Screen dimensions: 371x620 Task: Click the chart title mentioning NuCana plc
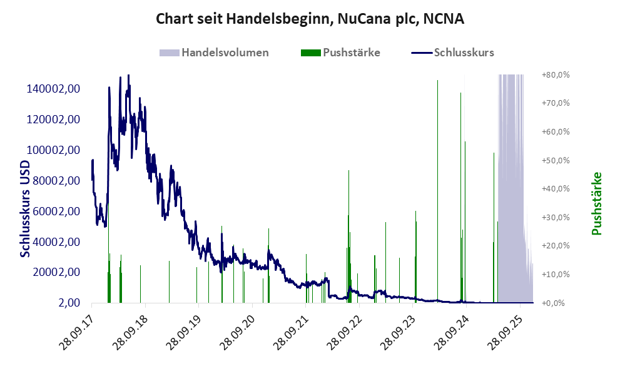click(310, 19)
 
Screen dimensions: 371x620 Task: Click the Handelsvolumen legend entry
click(225, 53)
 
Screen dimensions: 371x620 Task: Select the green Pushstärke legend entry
click(350, 53)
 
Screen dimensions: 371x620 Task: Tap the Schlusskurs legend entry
click(463, 53)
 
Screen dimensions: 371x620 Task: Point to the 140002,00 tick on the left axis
click(53, 89)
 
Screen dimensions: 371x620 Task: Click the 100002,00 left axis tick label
click(53, 150)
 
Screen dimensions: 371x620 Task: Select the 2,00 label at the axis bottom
click(68, 303)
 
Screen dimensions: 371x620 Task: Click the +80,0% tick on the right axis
click(555, 75)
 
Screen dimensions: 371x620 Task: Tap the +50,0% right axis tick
click(555, 161)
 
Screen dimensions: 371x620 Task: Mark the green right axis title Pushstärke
click(596, 203)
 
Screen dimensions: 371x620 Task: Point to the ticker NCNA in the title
click(444, 19)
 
